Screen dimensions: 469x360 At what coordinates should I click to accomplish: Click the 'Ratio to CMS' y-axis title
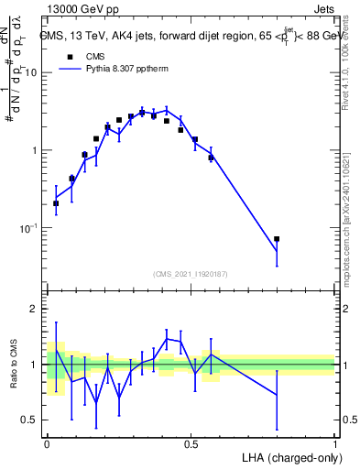point(14,365)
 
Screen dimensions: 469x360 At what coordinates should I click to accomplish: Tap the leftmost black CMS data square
point(56,203)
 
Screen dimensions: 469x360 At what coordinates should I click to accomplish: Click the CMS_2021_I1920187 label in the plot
point(191,273)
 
